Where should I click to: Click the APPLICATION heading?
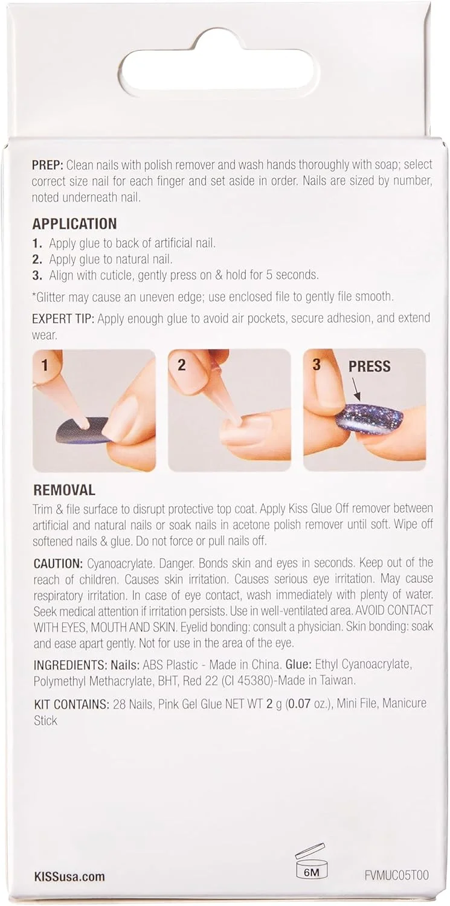74,223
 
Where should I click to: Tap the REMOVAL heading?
64,490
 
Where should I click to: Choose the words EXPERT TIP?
63,318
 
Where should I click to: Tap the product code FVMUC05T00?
396,874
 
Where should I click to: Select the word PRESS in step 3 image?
370,366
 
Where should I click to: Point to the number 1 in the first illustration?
45,365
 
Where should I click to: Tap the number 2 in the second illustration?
182,365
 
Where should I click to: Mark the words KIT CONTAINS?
71,704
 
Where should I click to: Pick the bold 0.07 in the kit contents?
299,704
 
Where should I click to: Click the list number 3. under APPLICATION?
37,275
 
